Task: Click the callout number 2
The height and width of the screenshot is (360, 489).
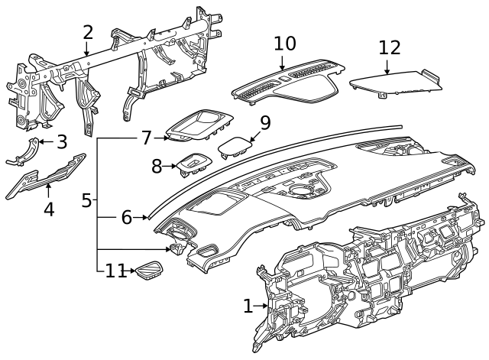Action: click(x=88, y=32)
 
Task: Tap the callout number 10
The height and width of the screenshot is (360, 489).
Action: click(x=285, y=44)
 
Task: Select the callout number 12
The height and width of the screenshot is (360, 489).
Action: click(x=390, y=47)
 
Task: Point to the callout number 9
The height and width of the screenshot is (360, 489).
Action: click(x=265, y=123)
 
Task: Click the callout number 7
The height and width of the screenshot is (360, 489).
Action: click(x=147, y=138)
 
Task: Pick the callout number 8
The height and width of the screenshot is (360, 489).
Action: click(x=157, y=167)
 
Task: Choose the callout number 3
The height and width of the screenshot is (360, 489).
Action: click(x=62, y=142)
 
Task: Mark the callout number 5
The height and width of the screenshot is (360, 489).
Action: click(x=86, y=200)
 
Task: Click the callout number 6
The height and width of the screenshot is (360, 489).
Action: click(x=127, y=217)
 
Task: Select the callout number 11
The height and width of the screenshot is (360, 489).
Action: click(x=115, y=271)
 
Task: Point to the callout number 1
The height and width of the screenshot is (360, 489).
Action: click(x=248, y=306)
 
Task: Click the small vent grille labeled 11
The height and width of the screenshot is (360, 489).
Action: click(x=150, y=268)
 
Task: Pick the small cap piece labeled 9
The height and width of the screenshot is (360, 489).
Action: click(x=235, y=146)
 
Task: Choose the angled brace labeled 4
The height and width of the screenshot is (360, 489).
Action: click(x=46, y=176)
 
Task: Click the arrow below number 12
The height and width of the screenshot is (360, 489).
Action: click(x=387, y=66)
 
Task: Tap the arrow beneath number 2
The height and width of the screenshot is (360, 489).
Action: click(x=86, y=49)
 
